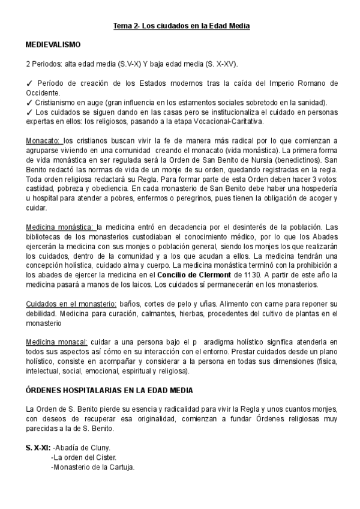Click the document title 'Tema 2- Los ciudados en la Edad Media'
click(x=182, y=26)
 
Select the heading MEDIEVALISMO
click(x=53, y=45)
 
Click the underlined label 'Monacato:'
click(x=43, y=140)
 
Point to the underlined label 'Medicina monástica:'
click(x=60, y=227)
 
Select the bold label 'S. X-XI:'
click(x=37, y=448)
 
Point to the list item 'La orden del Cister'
click(x=88, y=457)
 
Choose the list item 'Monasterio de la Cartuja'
click(x=94, y=467)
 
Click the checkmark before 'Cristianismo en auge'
click(x=29, y=102)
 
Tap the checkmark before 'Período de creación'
click(x=29, y=83)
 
